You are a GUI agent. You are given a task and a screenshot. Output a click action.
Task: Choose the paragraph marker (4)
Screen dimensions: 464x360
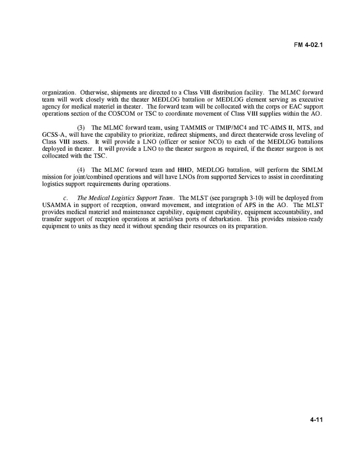click(x=80, y=169)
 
